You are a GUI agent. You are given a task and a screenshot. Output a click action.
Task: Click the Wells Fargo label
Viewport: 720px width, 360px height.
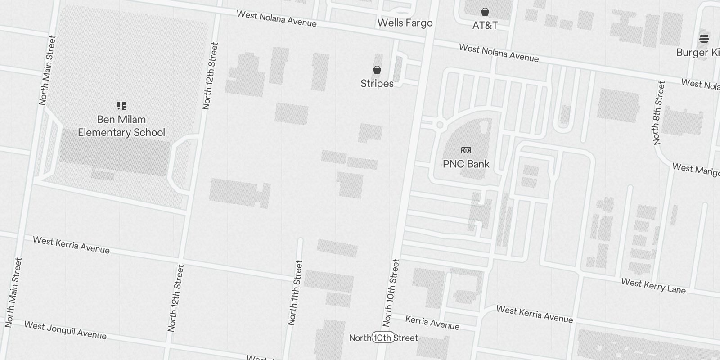pyautogui.click(x=405, y=23)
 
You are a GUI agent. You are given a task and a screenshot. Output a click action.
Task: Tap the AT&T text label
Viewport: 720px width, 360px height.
pyautogui.click(x=485, y=25)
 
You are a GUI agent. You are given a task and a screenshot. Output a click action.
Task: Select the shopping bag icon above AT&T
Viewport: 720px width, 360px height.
pyautogui.click(x=485, y=12)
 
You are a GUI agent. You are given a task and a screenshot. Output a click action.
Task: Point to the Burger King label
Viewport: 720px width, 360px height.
pyautogui.click(x=697, y=53)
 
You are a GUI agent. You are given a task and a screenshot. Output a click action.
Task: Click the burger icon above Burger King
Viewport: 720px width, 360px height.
pyautogui.click(x=704, y=39)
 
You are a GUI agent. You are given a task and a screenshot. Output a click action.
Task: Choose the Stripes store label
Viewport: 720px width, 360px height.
pyautogui.click(x=377, y=84)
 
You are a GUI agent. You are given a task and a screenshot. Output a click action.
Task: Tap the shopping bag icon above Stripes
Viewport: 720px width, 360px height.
pyautogui.click(x=377, y=70)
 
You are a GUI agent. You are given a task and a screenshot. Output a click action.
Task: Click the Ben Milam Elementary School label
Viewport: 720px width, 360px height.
pyautogui.click(x=121, y=126)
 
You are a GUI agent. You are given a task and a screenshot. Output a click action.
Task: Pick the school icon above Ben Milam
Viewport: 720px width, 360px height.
pyautogui.click(x=121, y=106)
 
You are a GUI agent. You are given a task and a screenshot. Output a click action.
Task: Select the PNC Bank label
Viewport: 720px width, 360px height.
pyautogui.click(x=466, y=164)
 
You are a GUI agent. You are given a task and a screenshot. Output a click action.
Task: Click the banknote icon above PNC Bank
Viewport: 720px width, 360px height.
pyautogui.click(x=466, y=150)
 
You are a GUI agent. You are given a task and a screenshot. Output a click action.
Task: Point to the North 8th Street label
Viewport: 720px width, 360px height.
pyautogui.click(x=658, y=112)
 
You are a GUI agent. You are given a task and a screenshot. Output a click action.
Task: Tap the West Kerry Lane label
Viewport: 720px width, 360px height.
pyautogui.click(x=653, y=286)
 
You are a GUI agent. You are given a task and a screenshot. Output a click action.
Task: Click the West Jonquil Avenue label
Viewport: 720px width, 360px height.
pyautogui.click(x=65, y=330)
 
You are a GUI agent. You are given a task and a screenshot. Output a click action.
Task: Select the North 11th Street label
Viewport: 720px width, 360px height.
pyautogui.click(x=295, y=292)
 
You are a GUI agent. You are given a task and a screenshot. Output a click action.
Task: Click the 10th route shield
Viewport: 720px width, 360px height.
pyautogui.click(x=383, y=337)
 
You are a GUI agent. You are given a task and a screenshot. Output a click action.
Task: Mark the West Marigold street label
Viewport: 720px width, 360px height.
pyautogui.click(x=696, y=170)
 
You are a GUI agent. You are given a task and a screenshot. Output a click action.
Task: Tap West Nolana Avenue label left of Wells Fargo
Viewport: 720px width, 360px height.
pyautogui.click(x=276, y=19)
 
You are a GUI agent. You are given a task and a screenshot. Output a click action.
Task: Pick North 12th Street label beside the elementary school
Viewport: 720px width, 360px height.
pyautogui.click(x=210, y=76)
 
